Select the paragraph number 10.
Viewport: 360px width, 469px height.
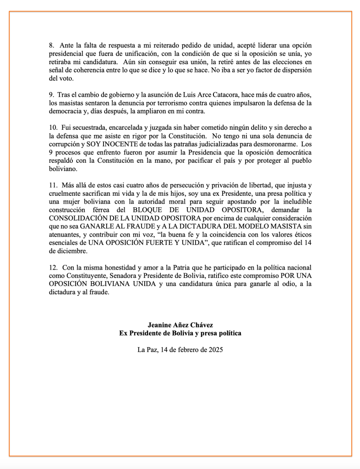[x=53, y=127]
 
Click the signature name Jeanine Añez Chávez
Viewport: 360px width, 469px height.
[x=180, y=325]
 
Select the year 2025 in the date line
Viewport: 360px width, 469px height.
[x=214, y=349]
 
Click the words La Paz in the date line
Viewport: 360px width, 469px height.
[x=146, y=349]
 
